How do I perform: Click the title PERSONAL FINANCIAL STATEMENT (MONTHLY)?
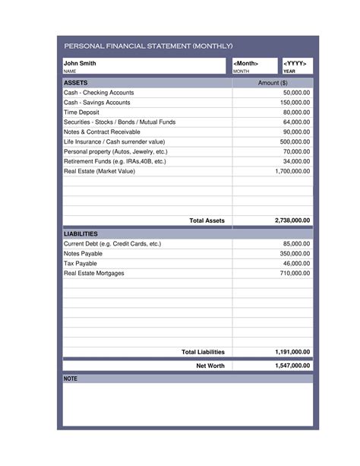click(148, 46)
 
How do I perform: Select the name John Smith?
click(80, 63)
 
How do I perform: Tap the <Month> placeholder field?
click(246, 63)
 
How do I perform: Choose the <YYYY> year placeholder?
click(295, 63)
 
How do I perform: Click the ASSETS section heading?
click(76, 82)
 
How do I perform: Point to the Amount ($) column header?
click(273, 82)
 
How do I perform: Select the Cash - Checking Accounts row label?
click(99, 92)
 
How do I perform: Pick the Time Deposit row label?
click(82, 112)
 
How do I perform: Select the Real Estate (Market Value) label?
click(99, 171)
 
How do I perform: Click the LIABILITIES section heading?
click(81, 233)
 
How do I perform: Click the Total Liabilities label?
click(203, 352)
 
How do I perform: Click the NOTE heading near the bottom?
click(71, 378)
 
